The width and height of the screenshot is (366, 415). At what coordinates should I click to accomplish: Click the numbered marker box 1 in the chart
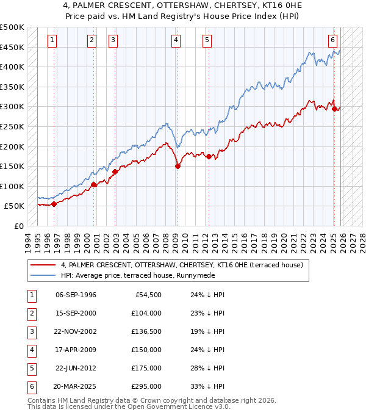(52, 40)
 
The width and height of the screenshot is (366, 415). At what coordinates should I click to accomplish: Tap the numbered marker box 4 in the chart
(176, 40)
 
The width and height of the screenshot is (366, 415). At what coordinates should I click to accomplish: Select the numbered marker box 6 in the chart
(332, 40)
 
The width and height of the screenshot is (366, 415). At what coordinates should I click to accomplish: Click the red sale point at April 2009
(178, 166)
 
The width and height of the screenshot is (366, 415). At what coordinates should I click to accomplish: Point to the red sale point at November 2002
(115, 171)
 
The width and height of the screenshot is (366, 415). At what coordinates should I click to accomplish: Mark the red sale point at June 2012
(209, 156)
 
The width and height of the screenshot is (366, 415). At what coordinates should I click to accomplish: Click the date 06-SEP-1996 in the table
(76, 295)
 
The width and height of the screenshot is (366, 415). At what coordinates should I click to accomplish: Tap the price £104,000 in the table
(146, 314)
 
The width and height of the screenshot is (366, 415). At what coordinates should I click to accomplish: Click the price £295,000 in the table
(146, 387)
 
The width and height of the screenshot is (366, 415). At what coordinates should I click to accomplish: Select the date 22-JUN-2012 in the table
(76, 369)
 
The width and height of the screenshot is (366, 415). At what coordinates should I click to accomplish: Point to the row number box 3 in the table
(30, 332)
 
